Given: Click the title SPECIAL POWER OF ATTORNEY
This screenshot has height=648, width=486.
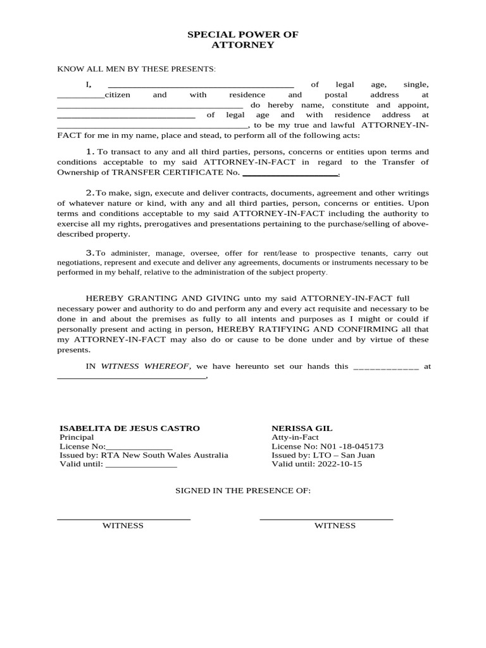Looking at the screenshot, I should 242,39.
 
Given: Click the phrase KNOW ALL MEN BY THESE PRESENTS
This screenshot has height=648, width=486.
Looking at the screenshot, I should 136,68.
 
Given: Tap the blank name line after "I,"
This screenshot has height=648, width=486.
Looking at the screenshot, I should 201,85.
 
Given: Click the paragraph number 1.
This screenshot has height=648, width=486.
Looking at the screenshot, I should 90,151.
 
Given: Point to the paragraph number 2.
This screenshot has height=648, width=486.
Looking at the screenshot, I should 90,192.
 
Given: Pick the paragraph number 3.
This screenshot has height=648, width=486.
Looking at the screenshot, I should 90,252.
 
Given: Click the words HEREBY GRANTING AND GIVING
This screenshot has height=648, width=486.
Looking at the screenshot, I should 163,298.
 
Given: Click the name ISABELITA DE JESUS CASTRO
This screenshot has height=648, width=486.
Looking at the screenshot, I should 129,428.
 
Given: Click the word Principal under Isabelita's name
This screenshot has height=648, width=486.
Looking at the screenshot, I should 77,437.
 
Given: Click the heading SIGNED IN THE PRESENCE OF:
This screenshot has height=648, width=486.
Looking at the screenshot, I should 242,490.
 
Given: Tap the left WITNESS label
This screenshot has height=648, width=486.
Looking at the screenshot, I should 123,525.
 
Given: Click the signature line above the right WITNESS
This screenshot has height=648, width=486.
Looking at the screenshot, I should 327,519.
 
